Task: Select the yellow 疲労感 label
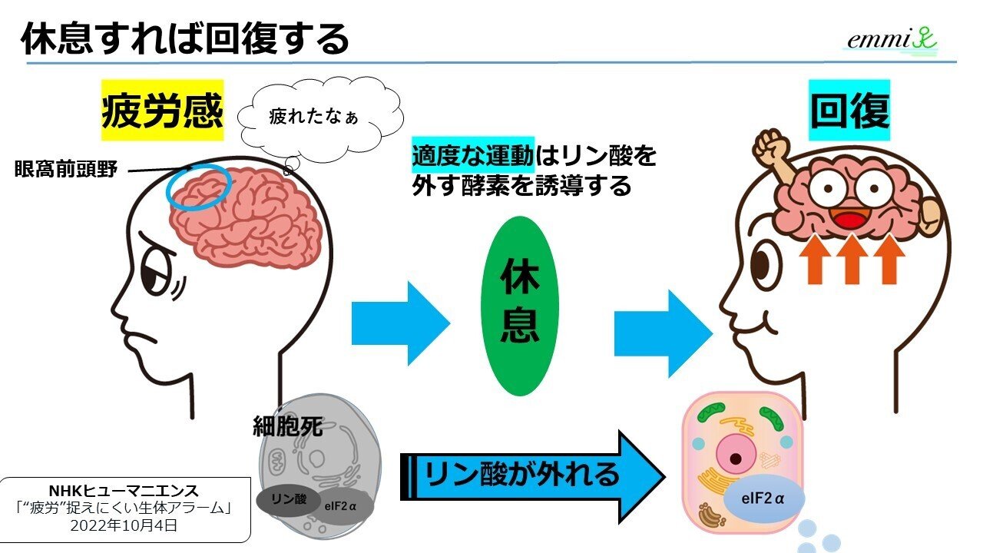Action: point(162,111)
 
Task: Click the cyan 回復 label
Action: point(850,111)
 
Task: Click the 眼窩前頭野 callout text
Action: point(66,169)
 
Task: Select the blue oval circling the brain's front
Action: point(198,188)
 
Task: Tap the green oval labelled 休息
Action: point(520,306)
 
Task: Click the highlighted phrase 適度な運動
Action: point(472,155)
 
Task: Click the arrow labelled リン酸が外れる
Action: point(530,476)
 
